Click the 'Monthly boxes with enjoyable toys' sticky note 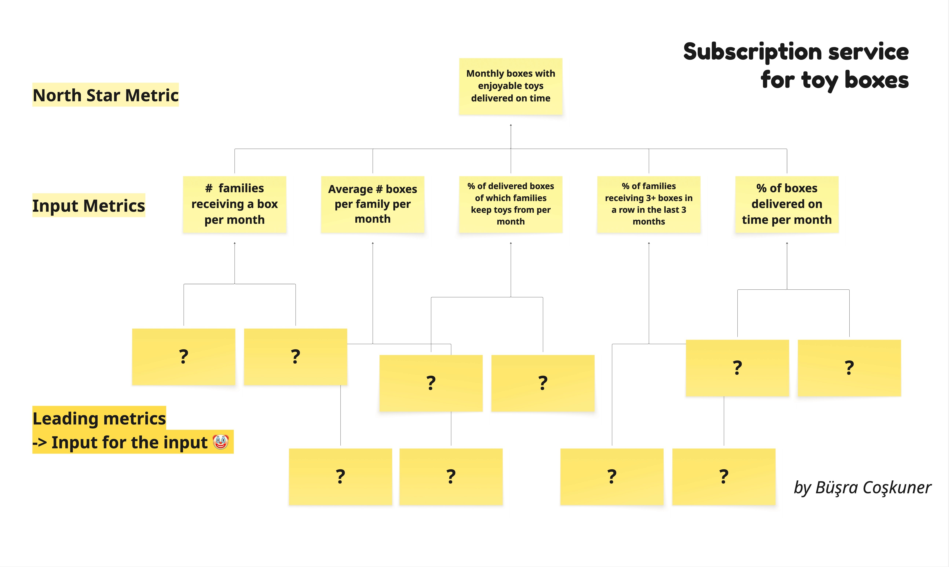(x=511, y=86)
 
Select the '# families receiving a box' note (x=235, y=204)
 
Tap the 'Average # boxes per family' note (x=373, y=204)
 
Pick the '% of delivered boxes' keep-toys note (x=511, y=204)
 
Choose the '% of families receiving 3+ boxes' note (x=649, y=204)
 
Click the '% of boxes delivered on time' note (x=787, y=204)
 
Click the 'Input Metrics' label (x=89, y=206)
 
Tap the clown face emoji (x=220, y=442)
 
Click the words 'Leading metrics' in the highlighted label (x=99, y=418)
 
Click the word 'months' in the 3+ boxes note (x=649, y=222)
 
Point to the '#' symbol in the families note (x=209, y=188)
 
